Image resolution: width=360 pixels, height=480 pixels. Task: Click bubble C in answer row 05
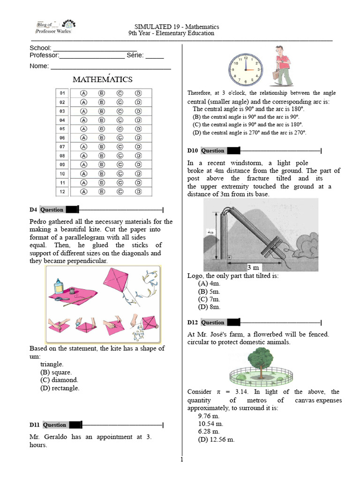[120, 128]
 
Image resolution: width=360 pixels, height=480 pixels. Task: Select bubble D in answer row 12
[138, 191]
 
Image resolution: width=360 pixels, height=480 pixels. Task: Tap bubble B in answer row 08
[102, 156]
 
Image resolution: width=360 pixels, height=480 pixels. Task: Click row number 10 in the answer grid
[62, 173]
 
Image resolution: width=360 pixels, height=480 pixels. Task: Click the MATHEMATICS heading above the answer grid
[103, 80]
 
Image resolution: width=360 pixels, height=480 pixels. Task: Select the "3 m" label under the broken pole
[253, 267]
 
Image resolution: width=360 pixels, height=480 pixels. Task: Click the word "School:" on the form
[40, 48]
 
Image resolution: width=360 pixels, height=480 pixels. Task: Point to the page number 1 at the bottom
[182, 460]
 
